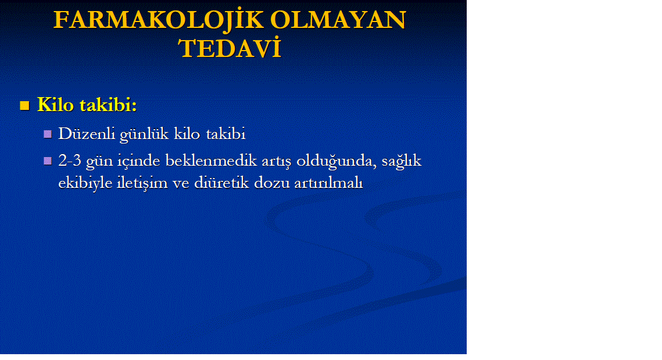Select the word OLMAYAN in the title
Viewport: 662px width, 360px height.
click(338, 20)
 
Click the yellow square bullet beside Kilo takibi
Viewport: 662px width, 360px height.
click(24, 105)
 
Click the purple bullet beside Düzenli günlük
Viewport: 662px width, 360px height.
click(48, 134)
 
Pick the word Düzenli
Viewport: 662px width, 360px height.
click(87, 134)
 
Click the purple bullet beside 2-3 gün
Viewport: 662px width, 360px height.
click(48, 161)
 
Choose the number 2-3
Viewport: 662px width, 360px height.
click(70, 161)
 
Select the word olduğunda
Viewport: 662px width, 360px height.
click(337, 161)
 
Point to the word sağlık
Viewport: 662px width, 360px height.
click(402, 161)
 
